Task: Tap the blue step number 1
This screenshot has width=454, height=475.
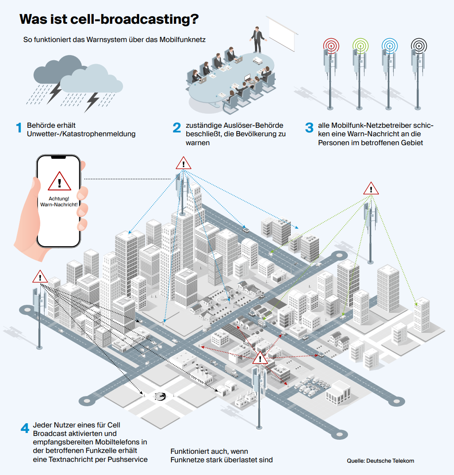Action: click(x=19, y=128)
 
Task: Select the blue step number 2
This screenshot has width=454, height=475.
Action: click(x=177, y=128)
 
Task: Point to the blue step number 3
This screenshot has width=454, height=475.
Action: click(x=309, y=128)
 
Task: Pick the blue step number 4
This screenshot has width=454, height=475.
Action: click(x=25, y=428)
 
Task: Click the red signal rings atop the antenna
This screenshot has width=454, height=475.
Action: click(x=331, y=46)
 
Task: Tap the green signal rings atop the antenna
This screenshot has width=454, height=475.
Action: click(x=360, y=46)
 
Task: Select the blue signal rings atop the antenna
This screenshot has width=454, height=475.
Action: click(x=390, y=46)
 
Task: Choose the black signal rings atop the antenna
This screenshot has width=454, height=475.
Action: click(x=419, y=46)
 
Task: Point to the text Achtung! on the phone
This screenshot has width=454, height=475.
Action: click(x=59, y=199)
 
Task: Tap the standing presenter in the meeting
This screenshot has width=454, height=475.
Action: click(x=258, y=39)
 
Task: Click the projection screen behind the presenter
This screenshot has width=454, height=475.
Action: click(x=281, y=34)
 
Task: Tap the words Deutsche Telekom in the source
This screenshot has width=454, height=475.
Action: click(x=390, y=461)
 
